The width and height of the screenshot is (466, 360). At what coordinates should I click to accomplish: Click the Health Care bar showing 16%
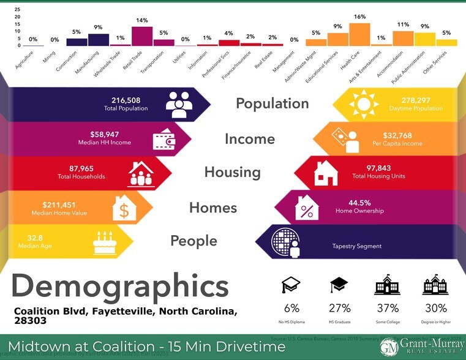(359, 34)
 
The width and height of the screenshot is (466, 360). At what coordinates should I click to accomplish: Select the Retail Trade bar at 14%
(142, 36)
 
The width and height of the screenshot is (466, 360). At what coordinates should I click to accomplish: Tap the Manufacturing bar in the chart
(98, 40)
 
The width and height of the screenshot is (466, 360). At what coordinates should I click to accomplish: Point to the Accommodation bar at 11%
(403, 38)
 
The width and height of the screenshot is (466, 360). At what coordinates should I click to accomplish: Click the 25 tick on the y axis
(18, 10)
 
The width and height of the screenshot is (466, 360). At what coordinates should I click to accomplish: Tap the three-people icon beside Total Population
(179, 104)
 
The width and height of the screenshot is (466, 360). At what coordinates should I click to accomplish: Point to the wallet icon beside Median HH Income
(165, 138)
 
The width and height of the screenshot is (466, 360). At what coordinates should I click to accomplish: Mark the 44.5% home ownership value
(361, 203)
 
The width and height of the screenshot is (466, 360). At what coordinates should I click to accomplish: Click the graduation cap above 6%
(291, 286)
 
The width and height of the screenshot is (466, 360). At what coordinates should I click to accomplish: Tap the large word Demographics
(120, 287)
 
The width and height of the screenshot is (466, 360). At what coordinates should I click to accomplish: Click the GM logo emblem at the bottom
(388, 347)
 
